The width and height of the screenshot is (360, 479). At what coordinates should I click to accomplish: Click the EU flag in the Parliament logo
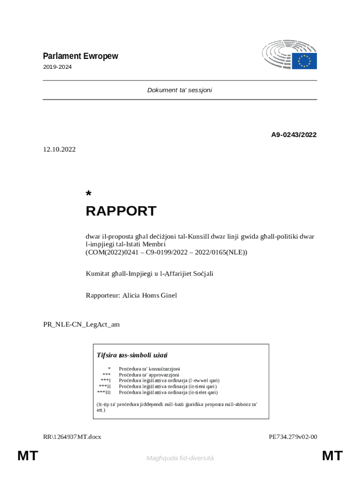pos(304,61)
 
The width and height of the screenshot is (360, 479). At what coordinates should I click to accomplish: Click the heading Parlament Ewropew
pos(80,56)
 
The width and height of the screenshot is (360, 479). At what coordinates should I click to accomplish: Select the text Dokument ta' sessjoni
pos(180,90)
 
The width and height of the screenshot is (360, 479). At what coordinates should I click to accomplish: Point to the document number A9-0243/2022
pos(294,135)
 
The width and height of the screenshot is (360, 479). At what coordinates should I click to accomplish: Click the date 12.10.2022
pos(59,149)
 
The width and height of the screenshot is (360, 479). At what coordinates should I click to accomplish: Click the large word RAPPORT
pos(121,211)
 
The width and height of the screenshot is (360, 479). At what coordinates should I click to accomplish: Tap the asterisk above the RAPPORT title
pos(88,194)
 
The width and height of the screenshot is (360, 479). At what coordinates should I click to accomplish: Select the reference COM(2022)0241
pos(113,252)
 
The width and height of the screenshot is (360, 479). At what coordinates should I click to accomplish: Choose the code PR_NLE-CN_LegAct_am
pos(81,324)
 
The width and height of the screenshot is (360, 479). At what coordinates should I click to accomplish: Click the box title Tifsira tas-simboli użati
pos(132,355)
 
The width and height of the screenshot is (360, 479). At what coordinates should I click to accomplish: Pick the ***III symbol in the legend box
pos(104,392)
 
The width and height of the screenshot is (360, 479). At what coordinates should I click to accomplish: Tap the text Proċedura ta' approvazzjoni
pos(149,375)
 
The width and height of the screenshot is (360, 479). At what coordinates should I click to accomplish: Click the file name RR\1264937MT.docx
pos(72,437)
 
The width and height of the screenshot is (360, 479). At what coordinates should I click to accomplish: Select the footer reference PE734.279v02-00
pos(293,437)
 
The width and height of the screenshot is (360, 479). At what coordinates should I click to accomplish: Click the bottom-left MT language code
pos(28,456)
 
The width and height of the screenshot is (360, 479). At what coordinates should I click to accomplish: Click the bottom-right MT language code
pos(332,456)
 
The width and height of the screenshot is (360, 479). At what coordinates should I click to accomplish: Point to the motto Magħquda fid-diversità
pos(180,458)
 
